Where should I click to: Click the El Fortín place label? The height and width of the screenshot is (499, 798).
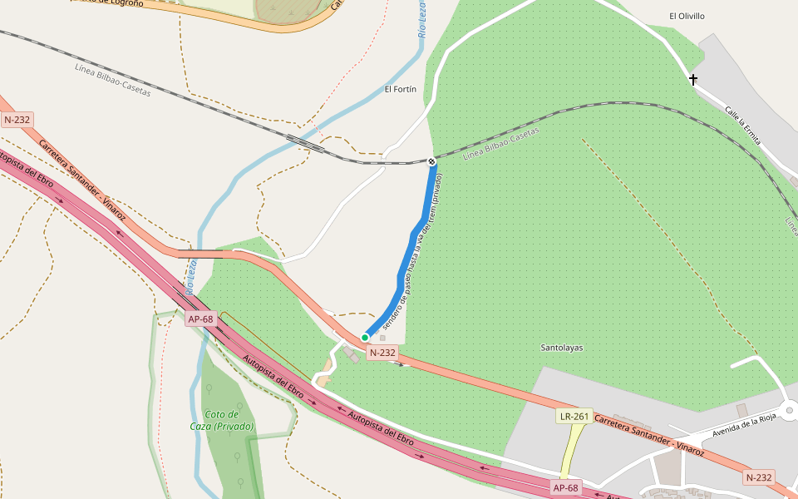tap(400, 89)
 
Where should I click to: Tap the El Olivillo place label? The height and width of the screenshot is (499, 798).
tap(687, 16)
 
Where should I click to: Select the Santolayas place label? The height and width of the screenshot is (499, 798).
tap(561, 348)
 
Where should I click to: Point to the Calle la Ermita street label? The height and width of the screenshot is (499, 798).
tap(741, 125)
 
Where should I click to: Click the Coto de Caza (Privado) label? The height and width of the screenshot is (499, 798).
tap(220, 420)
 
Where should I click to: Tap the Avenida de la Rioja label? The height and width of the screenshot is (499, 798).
tap(739, 426)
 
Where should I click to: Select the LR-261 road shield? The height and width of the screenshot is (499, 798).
tap(574, 416)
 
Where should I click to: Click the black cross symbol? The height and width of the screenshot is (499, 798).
tap(692, 80)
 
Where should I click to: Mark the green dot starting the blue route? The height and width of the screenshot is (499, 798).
tap(365, 338)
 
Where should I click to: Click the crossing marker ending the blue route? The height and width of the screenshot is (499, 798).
tap(431, 161)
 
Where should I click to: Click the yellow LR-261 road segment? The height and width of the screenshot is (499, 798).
tap(569, 453)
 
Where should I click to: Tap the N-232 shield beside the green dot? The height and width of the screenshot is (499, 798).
tap(382, 353)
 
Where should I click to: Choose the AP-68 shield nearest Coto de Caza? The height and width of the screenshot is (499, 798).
tap(200, 319)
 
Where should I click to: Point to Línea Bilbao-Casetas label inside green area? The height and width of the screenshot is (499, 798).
tap(500, 144)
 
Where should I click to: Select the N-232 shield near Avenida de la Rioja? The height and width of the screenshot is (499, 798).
tap(759, 477)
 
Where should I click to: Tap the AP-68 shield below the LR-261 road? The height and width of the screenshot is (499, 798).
tap(565, 487)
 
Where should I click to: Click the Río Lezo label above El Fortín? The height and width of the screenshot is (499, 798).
tap(422, 20)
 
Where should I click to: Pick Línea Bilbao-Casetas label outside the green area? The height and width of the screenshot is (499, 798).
tap(112, 81)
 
